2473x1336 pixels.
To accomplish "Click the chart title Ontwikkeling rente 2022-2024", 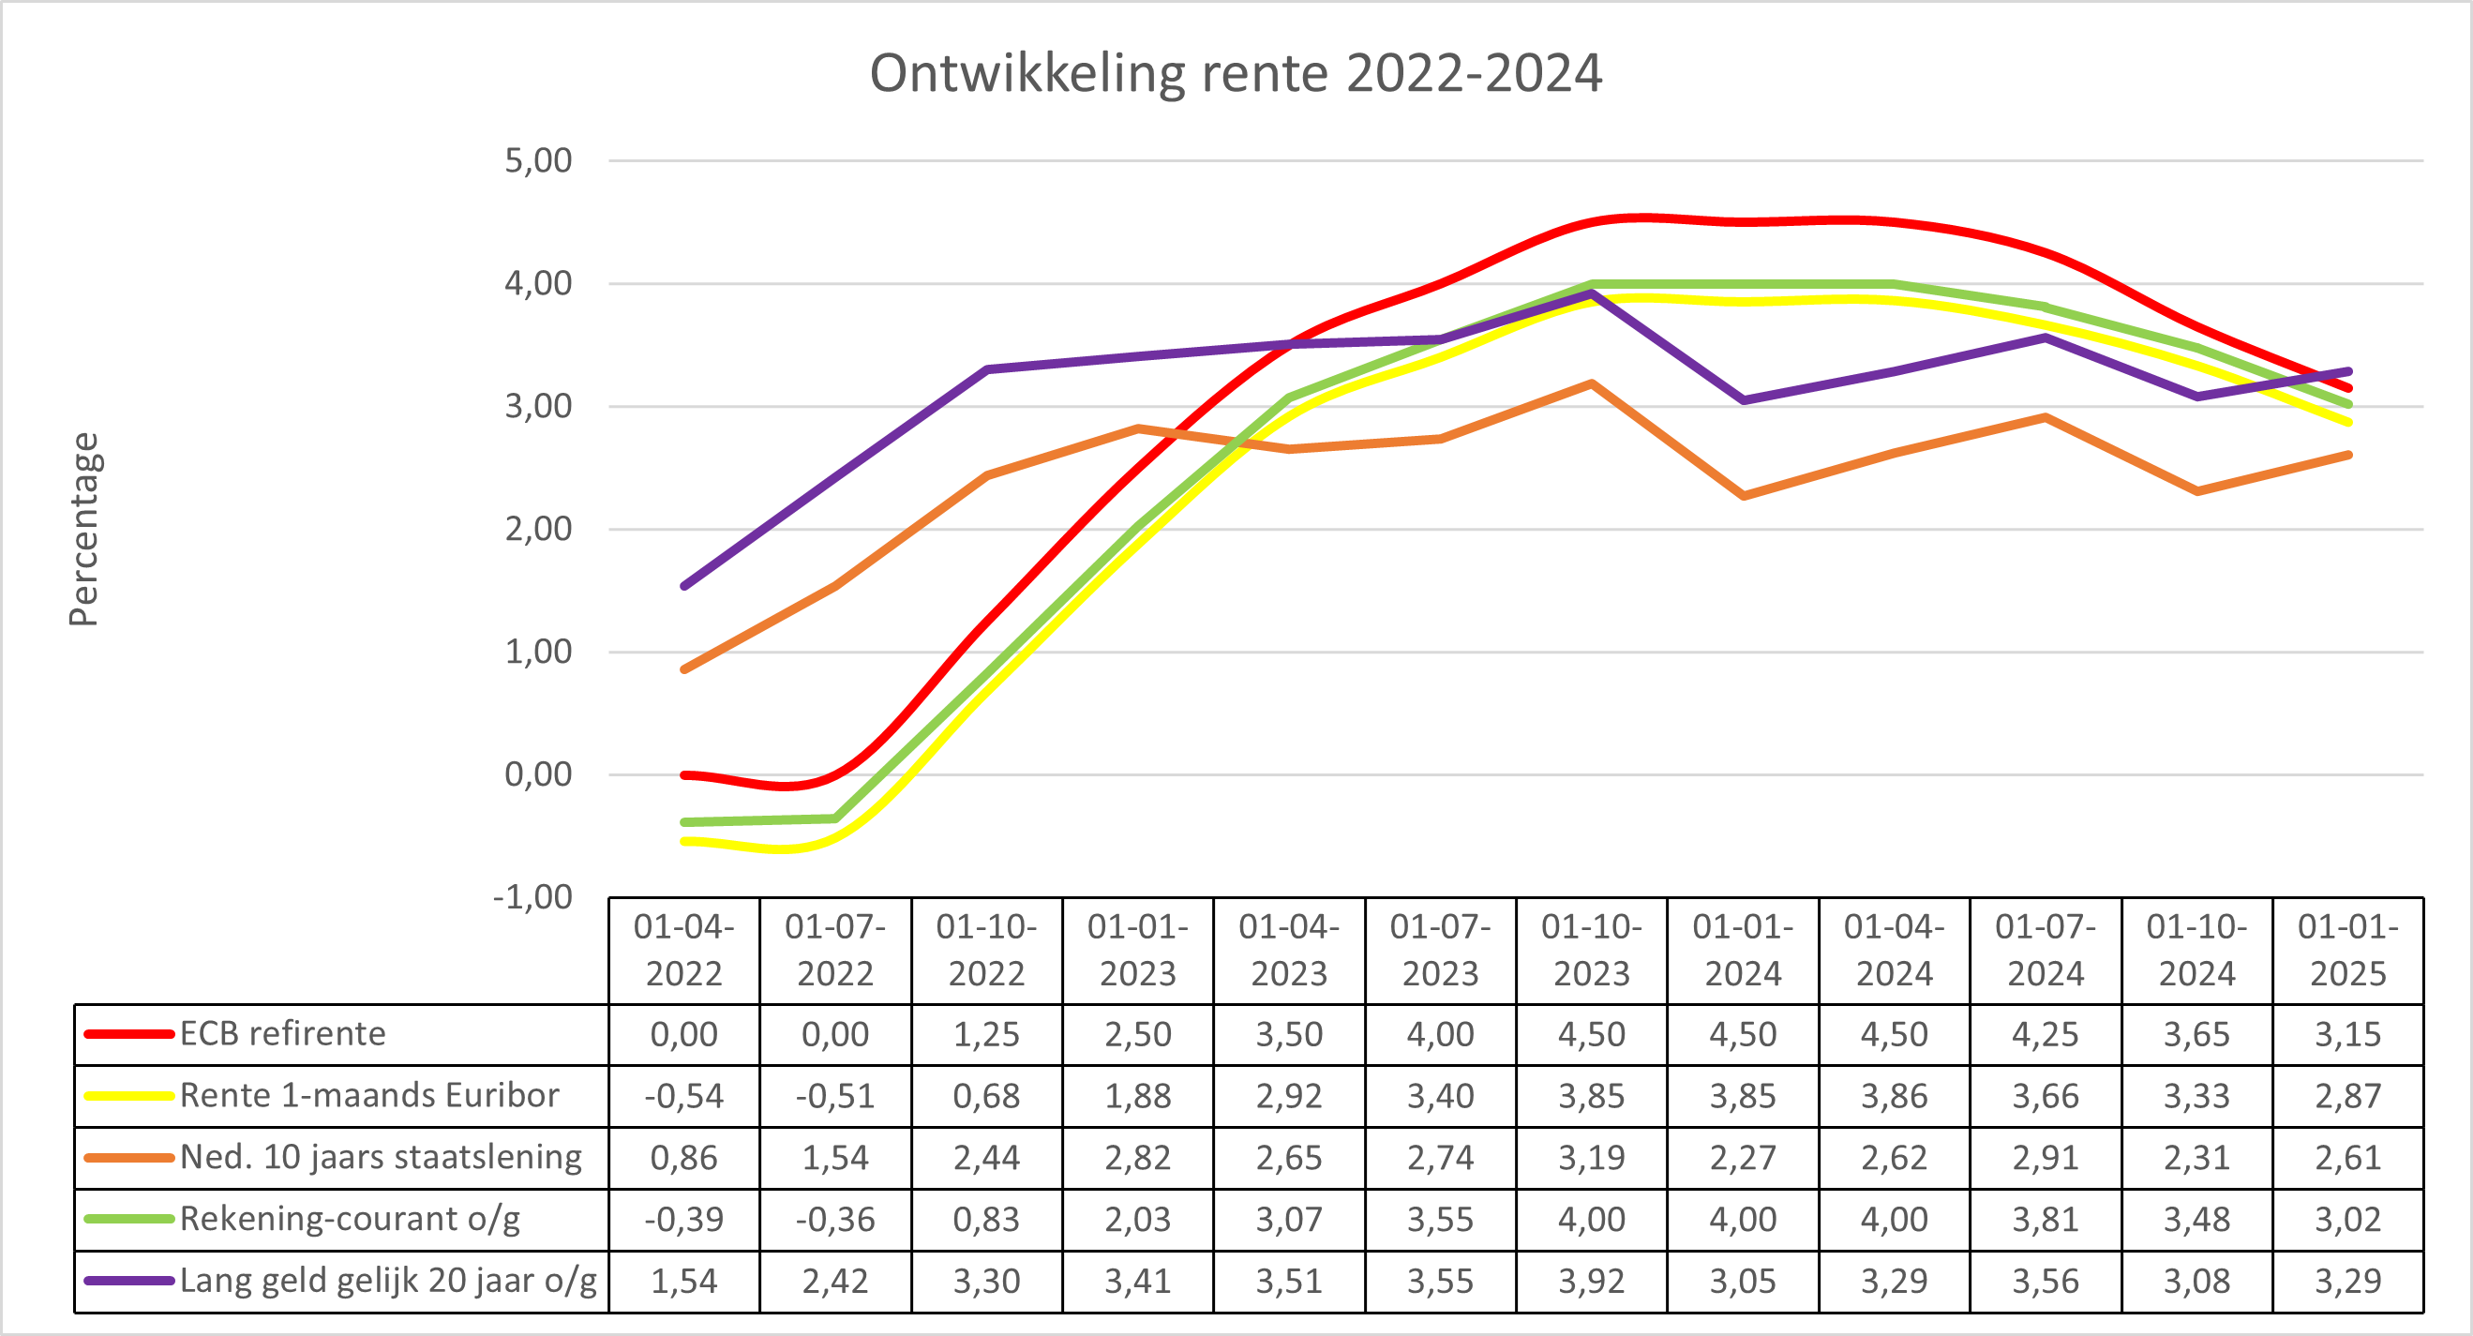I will pyautogui.click(x=1236, y=73).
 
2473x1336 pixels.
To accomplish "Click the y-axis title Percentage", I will pyautogui.click(x=84, y=529).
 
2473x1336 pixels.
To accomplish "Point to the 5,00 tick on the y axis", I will pyautogui.click(x=539, y=160).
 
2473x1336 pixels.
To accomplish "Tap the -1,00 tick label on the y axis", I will pyautogui.click(x=532, y=896).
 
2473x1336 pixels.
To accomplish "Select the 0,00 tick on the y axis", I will pyautogui.click(x=539, y=773).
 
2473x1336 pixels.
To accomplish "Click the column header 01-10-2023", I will pyautogui.click(x=1592, y=950).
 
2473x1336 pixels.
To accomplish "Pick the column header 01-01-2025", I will pyautogui.click(x=2348, y=950).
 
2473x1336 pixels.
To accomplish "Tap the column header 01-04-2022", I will pyautogui.click(x=683, y=950).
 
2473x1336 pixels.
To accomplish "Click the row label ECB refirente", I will pyautogui.click(x=282, y=1034).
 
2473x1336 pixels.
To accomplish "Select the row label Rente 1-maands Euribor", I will pyautogui.click(x=368, y=1095).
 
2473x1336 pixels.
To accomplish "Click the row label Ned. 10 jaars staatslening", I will pyautogui.click(x=381, y=1157).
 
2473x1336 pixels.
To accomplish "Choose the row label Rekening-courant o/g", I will pyautogui.click(x=350, y=1219).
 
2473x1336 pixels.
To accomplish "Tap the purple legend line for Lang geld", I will pyautogui.click(x=128, y=1281).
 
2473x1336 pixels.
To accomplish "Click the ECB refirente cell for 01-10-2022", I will pyautogui.click(x=986, y=1035).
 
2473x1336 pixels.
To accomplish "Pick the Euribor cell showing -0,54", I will pyautogui.click(x=683, y=1096).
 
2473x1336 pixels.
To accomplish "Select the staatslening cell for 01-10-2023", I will pyautogui.click(x=1592, y=1158).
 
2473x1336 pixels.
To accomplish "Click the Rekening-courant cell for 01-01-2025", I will pyautogui.click(x=2348, y=1219).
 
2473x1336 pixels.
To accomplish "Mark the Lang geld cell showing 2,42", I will pyautogui.click(x=835, y=1281).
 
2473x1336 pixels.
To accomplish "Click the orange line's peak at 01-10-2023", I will pyautogui.click(x=1592, y=383).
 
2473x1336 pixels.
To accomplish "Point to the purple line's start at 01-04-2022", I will pyautogui.click(x=684, y=585).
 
